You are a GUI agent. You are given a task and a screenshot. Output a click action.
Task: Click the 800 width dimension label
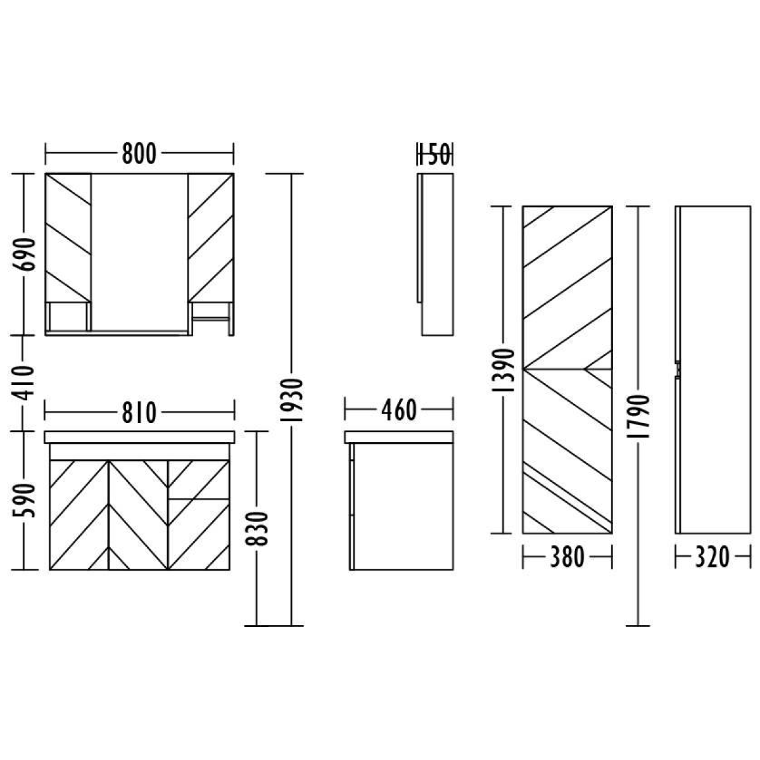click(139, 153)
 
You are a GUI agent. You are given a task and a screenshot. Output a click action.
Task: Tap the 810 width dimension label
click(139, 412)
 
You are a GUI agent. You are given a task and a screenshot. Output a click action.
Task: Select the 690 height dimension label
click(23, 255)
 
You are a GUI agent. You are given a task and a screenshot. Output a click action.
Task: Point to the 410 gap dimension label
click(23, 383)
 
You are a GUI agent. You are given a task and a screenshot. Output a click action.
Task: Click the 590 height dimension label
click(23, 500)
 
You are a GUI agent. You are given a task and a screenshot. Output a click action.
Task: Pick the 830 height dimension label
click(256, 528)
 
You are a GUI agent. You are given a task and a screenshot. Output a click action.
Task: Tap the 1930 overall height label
click(291, 400)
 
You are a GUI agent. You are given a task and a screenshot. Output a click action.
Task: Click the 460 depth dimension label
click(399, 410)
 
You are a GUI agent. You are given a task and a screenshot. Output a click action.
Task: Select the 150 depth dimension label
click(435, 154)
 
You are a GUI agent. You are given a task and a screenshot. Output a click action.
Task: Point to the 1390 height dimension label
click(503, 370)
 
